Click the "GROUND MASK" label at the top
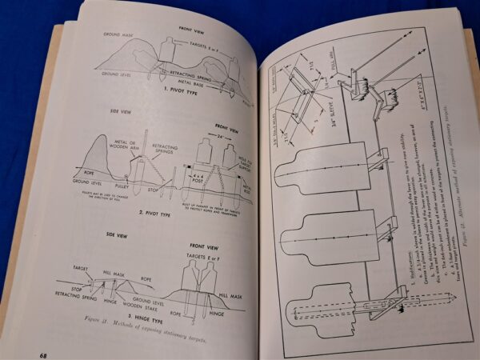121,36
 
